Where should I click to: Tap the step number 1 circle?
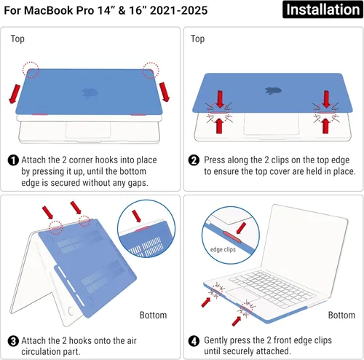pyautogui.click(x=14, y=160)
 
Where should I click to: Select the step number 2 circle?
pyautogui.click(x=194, y=160)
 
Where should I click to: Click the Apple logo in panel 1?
pyautogui.click(x=91, y=93)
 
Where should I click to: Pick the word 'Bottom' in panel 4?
pyautogui.click(x=341, y=315)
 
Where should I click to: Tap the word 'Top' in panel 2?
pyautogui.click(x=197, y=39)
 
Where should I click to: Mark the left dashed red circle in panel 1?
pyautogui.click(x=30, y=70)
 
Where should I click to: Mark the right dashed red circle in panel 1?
pyautogui.click(x=151, y=69)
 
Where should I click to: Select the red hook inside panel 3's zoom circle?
pyautogui.click(x=145, y=230)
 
